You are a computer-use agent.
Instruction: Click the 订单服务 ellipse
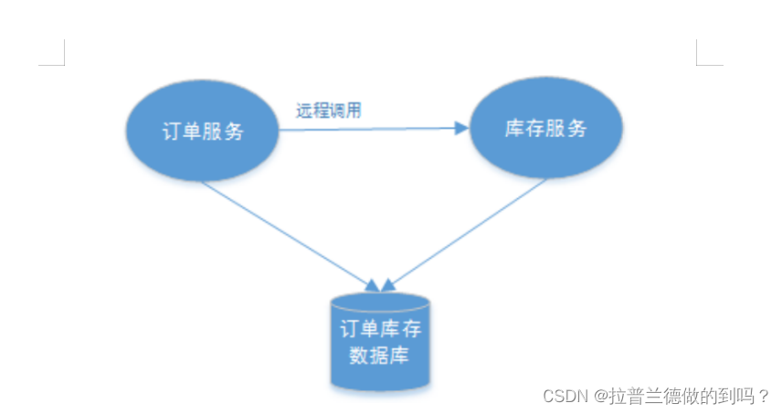point(200,131)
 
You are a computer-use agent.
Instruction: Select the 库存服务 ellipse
point(545,128)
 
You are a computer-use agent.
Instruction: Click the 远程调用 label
point(329,111)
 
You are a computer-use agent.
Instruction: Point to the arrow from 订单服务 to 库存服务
point(365,129)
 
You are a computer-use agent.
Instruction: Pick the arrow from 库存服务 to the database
point(466,234)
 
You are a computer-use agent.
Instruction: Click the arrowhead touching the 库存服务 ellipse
point(460,129)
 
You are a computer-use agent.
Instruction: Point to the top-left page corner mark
point(56,58)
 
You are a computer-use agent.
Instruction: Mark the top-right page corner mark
point(704,58)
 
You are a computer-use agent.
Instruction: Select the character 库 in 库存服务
point(514,128)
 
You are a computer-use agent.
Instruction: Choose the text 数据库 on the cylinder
point(379,354)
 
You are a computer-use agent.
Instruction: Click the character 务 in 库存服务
point(576,128)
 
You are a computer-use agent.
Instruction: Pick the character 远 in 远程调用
point(304,111)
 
